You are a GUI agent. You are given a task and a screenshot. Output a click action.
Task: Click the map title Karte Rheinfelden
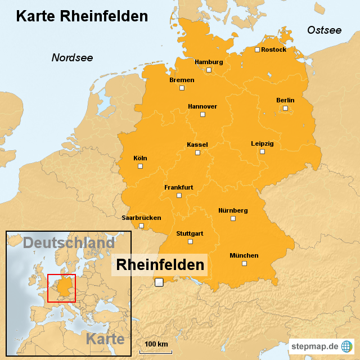point(82,16)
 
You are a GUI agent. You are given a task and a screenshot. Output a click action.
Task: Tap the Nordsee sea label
point(72,57)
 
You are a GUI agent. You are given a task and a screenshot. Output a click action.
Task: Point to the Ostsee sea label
point(324,30)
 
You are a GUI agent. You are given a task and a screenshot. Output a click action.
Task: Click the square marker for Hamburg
point(209,70)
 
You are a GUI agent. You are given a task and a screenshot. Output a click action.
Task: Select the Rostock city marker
point(257,49)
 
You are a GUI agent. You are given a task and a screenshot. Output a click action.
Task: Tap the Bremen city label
point(182,80)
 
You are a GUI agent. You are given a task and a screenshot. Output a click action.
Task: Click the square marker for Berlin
point(285,108)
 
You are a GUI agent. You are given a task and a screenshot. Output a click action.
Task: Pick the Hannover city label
point(202,106)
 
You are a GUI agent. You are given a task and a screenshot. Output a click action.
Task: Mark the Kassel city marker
point(197,152)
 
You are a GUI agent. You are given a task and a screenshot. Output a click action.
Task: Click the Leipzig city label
point(262,143)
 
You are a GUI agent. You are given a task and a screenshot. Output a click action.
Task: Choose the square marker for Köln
point(141,166)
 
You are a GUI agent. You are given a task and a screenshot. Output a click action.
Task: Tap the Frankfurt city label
point(179,187)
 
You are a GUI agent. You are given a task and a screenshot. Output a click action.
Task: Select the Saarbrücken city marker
point(142,226)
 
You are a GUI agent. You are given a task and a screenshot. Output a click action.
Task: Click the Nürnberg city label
point(233,210)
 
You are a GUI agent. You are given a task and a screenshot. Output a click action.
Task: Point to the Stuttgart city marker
point(190,241)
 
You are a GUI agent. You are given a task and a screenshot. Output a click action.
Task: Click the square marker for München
point(244,263)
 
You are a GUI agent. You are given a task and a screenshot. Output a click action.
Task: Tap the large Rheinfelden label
point(160,264)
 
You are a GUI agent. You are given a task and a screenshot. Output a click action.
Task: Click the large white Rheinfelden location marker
point(159,282)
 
